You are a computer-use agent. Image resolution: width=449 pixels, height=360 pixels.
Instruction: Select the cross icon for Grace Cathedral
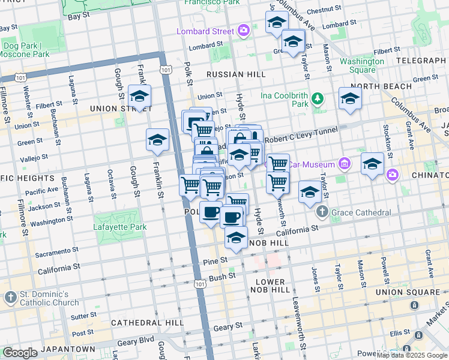(x=322, y=212)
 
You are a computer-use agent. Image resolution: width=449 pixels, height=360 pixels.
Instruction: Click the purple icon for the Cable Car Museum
(x=344, y=163)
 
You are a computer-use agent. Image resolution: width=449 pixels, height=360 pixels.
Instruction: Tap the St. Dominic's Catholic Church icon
(x=10, y=297)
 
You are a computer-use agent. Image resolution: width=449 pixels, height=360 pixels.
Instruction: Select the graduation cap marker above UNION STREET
(x=139, y=97)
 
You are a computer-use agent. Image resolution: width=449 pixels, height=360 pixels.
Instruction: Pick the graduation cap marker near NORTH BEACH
(x=350, y=99)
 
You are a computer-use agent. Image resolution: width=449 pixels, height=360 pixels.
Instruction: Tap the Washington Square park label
(x=362, y=65)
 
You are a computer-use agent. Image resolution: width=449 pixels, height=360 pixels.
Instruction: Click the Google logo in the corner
(x=20, y=353)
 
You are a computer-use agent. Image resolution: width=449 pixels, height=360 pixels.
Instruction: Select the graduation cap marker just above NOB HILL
(x=237, y=238)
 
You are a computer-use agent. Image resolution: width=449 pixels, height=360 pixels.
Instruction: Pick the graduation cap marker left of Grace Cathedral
(x=310, y=193)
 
